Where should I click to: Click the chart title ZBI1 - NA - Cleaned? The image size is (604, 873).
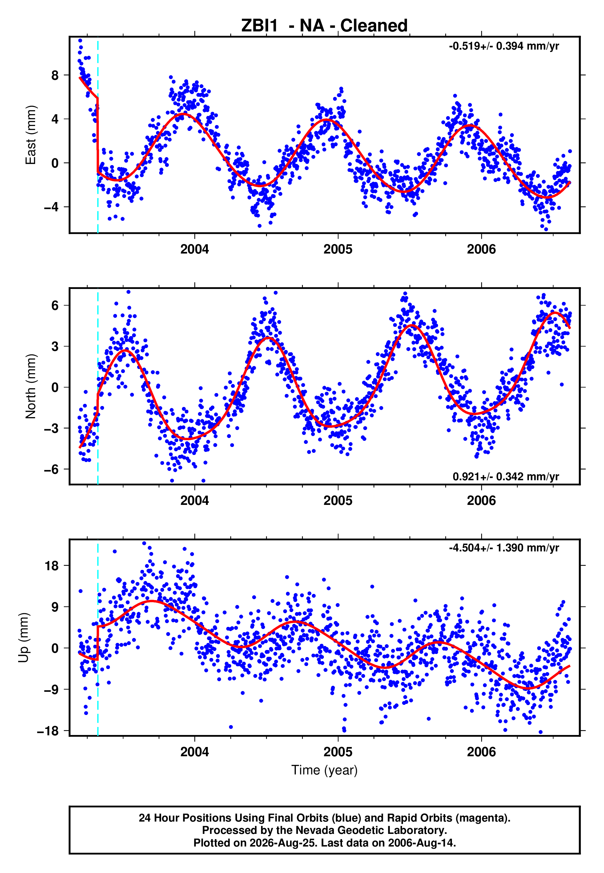coord(324,26)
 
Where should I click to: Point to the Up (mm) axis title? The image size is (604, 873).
coord(23,638)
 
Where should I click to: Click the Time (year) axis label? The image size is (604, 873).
coord(324,770)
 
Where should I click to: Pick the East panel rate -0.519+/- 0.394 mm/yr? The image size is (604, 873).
coord(504,46)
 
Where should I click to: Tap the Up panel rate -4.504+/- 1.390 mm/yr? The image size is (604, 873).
coord(504,548)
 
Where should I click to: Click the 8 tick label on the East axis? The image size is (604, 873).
coord(55,75)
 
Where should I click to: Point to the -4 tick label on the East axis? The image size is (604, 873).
coord(51,207)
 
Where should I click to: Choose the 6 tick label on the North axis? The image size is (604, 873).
coord(55,306)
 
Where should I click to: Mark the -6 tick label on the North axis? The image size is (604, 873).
coord(51,469)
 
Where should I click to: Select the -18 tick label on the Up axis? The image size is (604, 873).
coord(48,731)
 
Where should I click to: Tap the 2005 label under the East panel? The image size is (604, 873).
coord(338,249)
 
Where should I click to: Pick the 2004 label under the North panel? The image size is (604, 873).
coord(195,501)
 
